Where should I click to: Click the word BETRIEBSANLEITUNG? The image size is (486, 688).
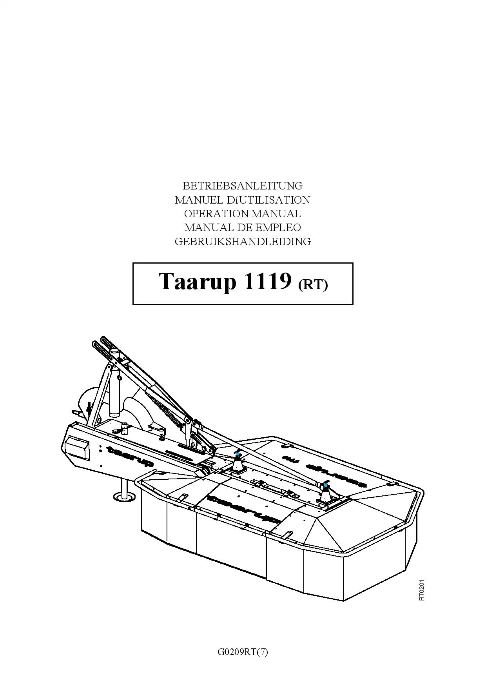tap(243, 186)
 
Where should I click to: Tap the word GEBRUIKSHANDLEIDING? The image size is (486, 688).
tap(243, 242)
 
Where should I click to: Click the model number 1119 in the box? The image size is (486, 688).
tap(268, 281)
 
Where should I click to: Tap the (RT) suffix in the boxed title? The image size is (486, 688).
tap(313, 284)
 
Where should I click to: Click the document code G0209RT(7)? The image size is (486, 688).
tap(243, 652)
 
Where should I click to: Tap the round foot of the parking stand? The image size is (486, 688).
tap(125, 497)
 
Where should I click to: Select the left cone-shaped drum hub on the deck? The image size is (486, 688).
tap(238, 464)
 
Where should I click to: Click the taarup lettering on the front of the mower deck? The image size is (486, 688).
tap(243, 510)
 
